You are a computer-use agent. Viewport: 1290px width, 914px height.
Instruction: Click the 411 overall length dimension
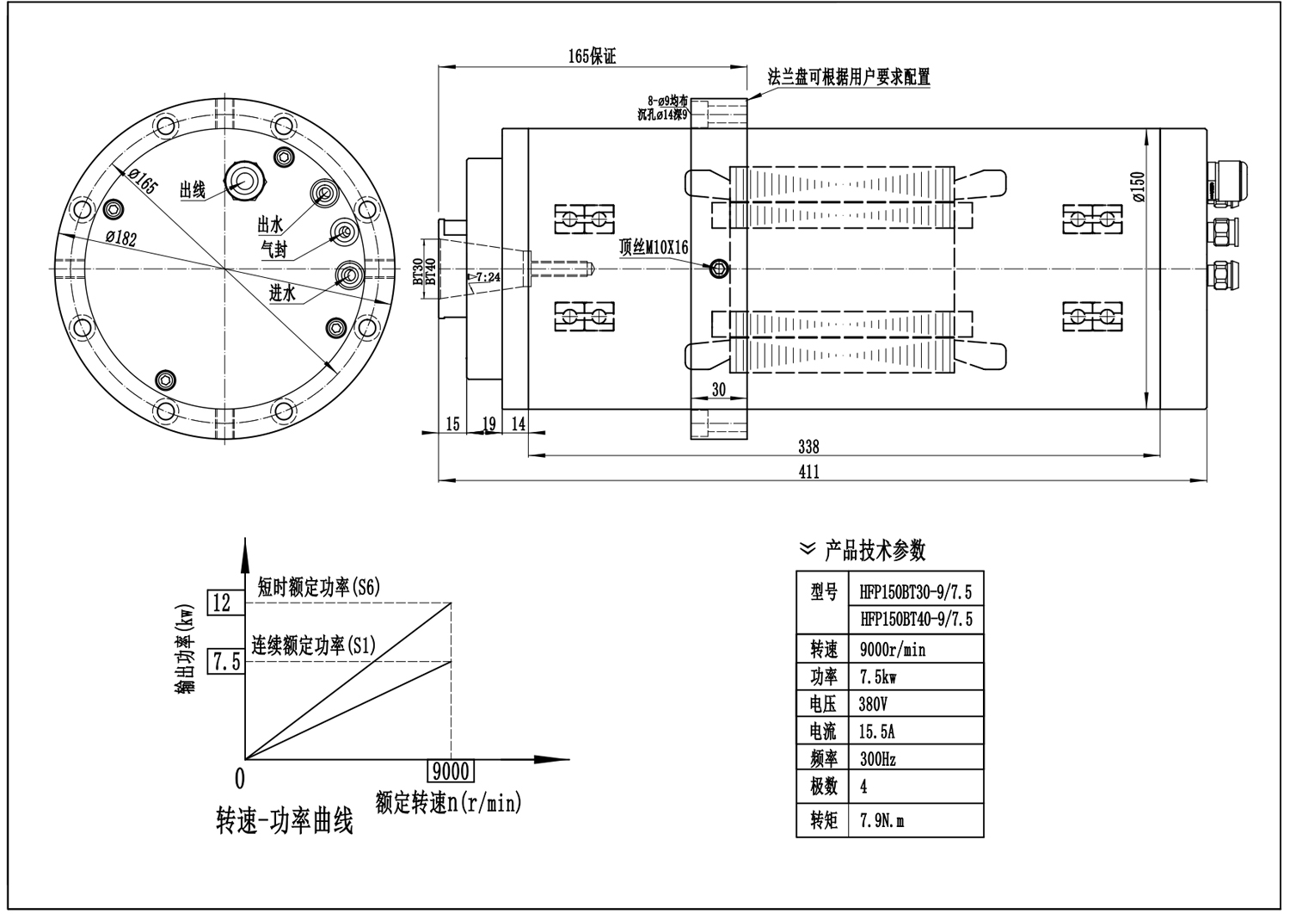[x=808, y=472]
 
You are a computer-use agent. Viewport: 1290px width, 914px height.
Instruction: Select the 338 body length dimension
[x=808, y=447]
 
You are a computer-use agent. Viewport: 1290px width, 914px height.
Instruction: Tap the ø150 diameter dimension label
[x=1139, y=187]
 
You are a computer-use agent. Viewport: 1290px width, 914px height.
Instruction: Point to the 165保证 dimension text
[x=593, y=57]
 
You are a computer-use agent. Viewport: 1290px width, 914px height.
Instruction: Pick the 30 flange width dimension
[x=719, y=390]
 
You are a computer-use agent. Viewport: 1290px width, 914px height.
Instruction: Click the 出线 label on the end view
[x=192, y=190]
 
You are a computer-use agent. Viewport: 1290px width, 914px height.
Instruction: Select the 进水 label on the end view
[x=283, y=293]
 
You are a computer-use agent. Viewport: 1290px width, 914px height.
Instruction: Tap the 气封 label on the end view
[x=274, y=248]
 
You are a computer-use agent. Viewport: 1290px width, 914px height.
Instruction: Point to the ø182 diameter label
[x=121, y=239]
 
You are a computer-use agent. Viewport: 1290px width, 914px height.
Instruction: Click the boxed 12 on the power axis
[x=222, y=602]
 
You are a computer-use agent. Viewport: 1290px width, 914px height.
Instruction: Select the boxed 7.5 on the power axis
[x=225, y=662]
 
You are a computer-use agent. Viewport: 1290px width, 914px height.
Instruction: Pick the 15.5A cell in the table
[x=877, y=732]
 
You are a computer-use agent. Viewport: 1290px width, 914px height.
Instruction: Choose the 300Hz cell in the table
[x=878, y=759]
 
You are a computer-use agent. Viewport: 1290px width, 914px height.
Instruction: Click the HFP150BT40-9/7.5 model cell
[x=916, y=620]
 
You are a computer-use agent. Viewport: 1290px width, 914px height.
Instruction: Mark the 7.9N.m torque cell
[x=882, y=821]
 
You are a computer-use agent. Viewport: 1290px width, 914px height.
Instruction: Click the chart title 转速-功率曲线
[x=285, y=823]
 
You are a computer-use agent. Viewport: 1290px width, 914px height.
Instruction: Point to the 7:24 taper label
[x=488, y=277]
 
